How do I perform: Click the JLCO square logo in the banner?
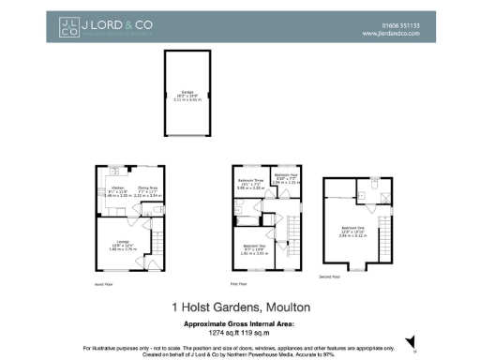click(68, 27)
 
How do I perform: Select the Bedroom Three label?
click(250, 182)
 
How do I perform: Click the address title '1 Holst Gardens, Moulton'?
click(240, 307)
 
